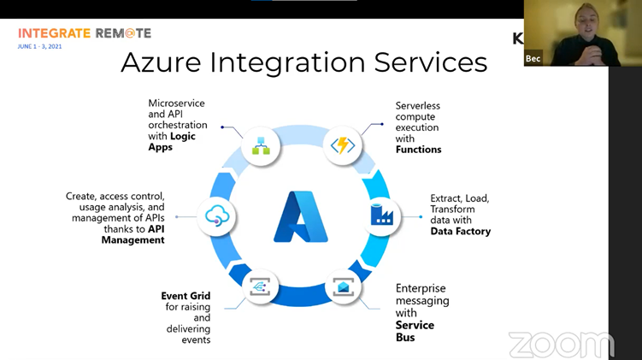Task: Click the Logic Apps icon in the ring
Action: point(261,145)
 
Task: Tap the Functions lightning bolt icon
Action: point(342,145)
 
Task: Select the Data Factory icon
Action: point(382,215)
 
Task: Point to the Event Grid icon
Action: point(260,287)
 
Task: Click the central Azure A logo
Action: point(300,216)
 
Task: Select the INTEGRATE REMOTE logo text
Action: point(84,33)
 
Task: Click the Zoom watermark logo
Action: point(561,344)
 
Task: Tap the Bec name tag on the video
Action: point(533,58)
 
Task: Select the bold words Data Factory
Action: point(460,231)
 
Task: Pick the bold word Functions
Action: point(418,149)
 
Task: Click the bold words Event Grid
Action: point(186,296)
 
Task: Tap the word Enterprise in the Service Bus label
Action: point(421,289)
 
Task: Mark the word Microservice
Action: point(176,103)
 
